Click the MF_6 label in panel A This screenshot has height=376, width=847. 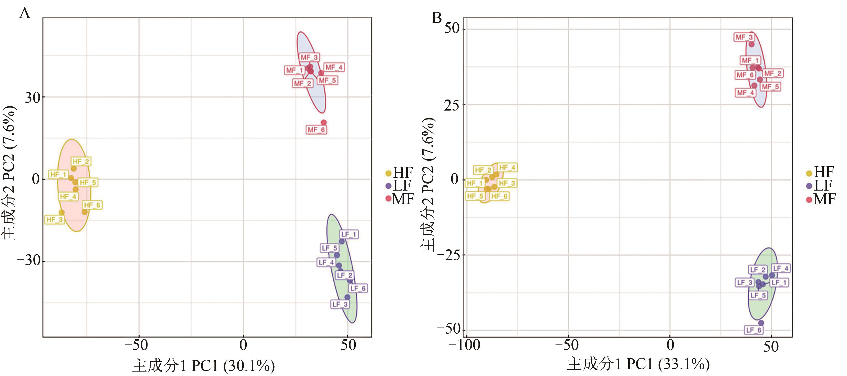316,130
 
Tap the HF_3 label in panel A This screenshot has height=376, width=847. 55,220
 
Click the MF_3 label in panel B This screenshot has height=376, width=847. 744,37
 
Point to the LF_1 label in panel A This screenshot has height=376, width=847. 349,234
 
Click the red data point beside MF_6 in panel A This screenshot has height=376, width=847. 323,123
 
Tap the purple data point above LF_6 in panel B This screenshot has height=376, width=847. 761,323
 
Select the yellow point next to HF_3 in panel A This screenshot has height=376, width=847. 61,212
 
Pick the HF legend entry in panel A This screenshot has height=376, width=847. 399,173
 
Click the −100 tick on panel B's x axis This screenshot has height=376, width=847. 465,345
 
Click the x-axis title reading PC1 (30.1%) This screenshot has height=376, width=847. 204,366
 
